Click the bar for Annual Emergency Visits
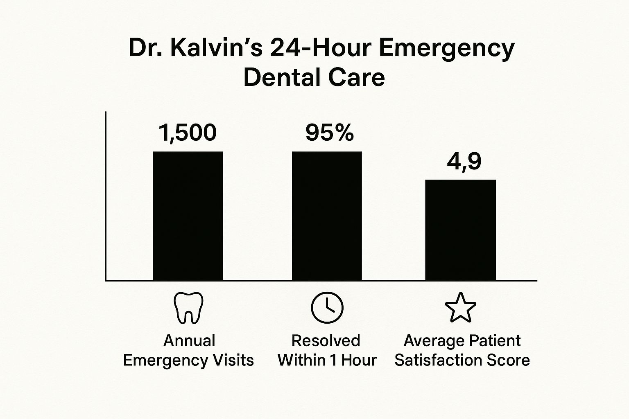pos(188,216)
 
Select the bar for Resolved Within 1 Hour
pos(327,216)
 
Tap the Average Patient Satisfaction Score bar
pos(461,230)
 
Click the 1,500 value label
pos(188,133)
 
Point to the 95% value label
pos(330,133)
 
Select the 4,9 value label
pos(464,162)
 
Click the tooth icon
pos(189,307)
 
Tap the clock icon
pos(327,308)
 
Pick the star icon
pos(461,308)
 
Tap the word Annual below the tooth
pos(189,340)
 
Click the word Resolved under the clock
pos(326,340)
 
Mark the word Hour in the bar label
pos(359,360)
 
